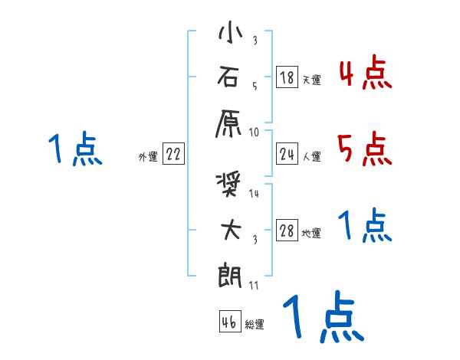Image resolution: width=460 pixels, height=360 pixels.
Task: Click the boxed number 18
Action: point(287,77)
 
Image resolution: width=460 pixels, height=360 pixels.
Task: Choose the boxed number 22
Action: point(173,155)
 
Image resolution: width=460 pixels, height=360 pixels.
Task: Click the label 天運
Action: point(311,80)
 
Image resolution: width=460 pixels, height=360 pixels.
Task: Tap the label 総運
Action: point(255,324)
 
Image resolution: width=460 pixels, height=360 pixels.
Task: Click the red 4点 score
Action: point(365,74)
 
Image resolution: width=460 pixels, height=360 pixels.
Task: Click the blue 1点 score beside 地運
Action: point(365,226)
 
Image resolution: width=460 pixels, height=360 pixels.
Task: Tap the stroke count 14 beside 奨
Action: point(255,194)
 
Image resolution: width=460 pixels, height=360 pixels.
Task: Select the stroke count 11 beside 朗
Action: point(255,286)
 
